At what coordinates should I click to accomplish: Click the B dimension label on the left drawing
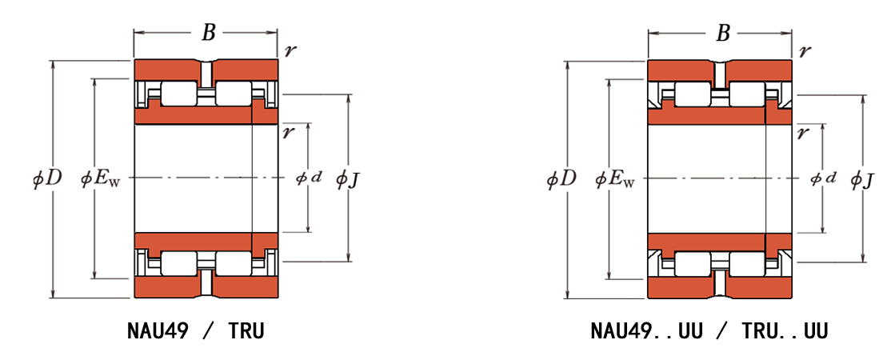pyautogui.click(x=209, y=34)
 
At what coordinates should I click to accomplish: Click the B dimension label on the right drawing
pyautogui.click(x=722, y=34)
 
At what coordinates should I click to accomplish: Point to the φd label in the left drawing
pyautogui.click(x=309, y=178)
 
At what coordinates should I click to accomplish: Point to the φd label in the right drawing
pyautogui.click(x=823, y=178)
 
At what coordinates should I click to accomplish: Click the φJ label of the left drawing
pyautogui.click(x=348, y=180)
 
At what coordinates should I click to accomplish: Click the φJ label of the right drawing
pyautogui.click(x=862, y=180)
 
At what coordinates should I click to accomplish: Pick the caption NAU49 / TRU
pyautogui.click(x=196, y=331)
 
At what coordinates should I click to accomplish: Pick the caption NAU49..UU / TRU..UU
pyautogui.click(x=709, y=331)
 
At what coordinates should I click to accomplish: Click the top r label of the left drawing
pyautogui.click(x=290, y=50)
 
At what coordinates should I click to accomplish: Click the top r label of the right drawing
pyautogui.click(x=805, y=50)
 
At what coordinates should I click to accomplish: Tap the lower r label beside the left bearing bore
pyautogui.click(x=289, y=132)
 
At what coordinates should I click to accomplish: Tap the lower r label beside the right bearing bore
pyautogui.click(x=803, y=132)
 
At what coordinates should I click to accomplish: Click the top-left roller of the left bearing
pyautogui.click(x=178, y=94)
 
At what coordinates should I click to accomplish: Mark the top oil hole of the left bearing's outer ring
pyautogui.click(x=206, y=70)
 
